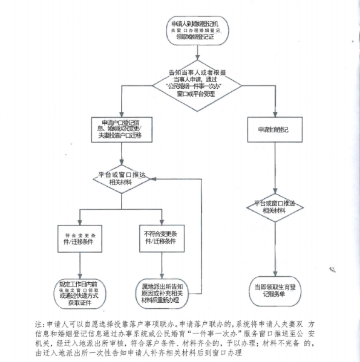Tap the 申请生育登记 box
(x=276, y=129)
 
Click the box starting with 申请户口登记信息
(x=121, y=129)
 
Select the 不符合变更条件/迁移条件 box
(x=160, y=238)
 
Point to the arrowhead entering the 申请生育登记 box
(x=276, y=115)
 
